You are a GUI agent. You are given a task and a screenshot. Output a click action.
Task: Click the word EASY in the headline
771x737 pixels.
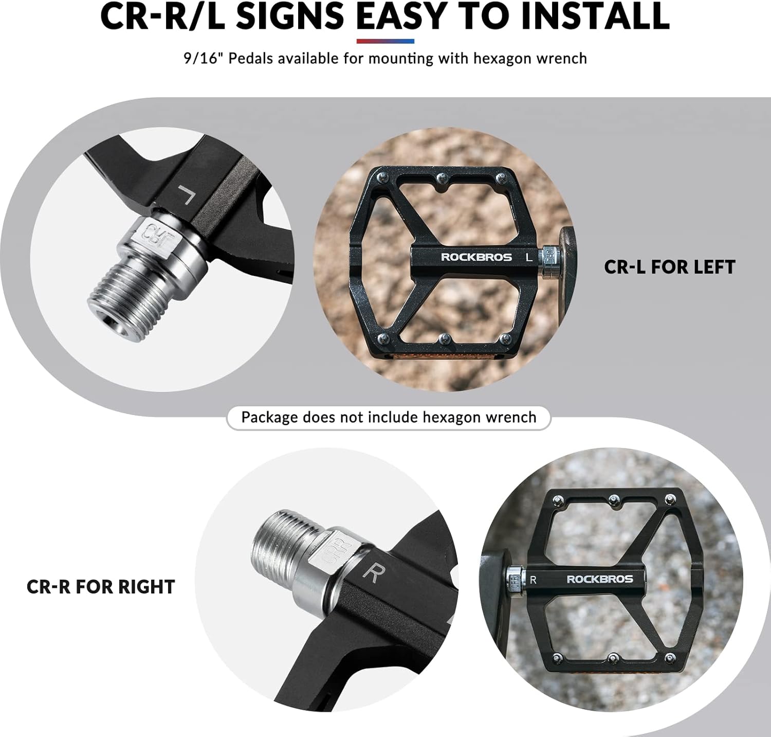tap(401, 16)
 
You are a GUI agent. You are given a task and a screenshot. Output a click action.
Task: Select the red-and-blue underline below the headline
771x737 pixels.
tap(385, 41)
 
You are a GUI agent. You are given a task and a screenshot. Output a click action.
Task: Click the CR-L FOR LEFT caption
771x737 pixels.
tap(670, 267)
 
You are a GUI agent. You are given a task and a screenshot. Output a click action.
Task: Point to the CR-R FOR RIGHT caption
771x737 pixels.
tap(101, 587)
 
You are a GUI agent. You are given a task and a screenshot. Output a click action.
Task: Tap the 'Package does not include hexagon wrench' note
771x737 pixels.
tap(389, 417)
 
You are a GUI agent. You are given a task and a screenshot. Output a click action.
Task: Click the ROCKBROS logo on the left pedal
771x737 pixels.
tap(476, 257)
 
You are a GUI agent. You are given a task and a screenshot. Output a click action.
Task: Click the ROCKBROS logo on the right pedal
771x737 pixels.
tap(600, 579)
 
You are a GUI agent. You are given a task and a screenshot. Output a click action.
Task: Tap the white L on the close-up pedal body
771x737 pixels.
tap(186, 194)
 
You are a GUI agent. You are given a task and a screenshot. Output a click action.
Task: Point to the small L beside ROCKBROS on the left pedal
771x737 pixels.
tap(529, 257)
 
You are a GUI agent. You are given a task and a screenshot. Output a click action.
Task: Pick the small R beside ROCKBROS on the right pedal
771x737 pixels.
tap(533, 580)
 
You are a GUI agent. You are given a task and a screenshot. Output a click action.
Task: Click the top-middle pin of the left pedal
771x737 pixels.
tap(441, 178)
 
